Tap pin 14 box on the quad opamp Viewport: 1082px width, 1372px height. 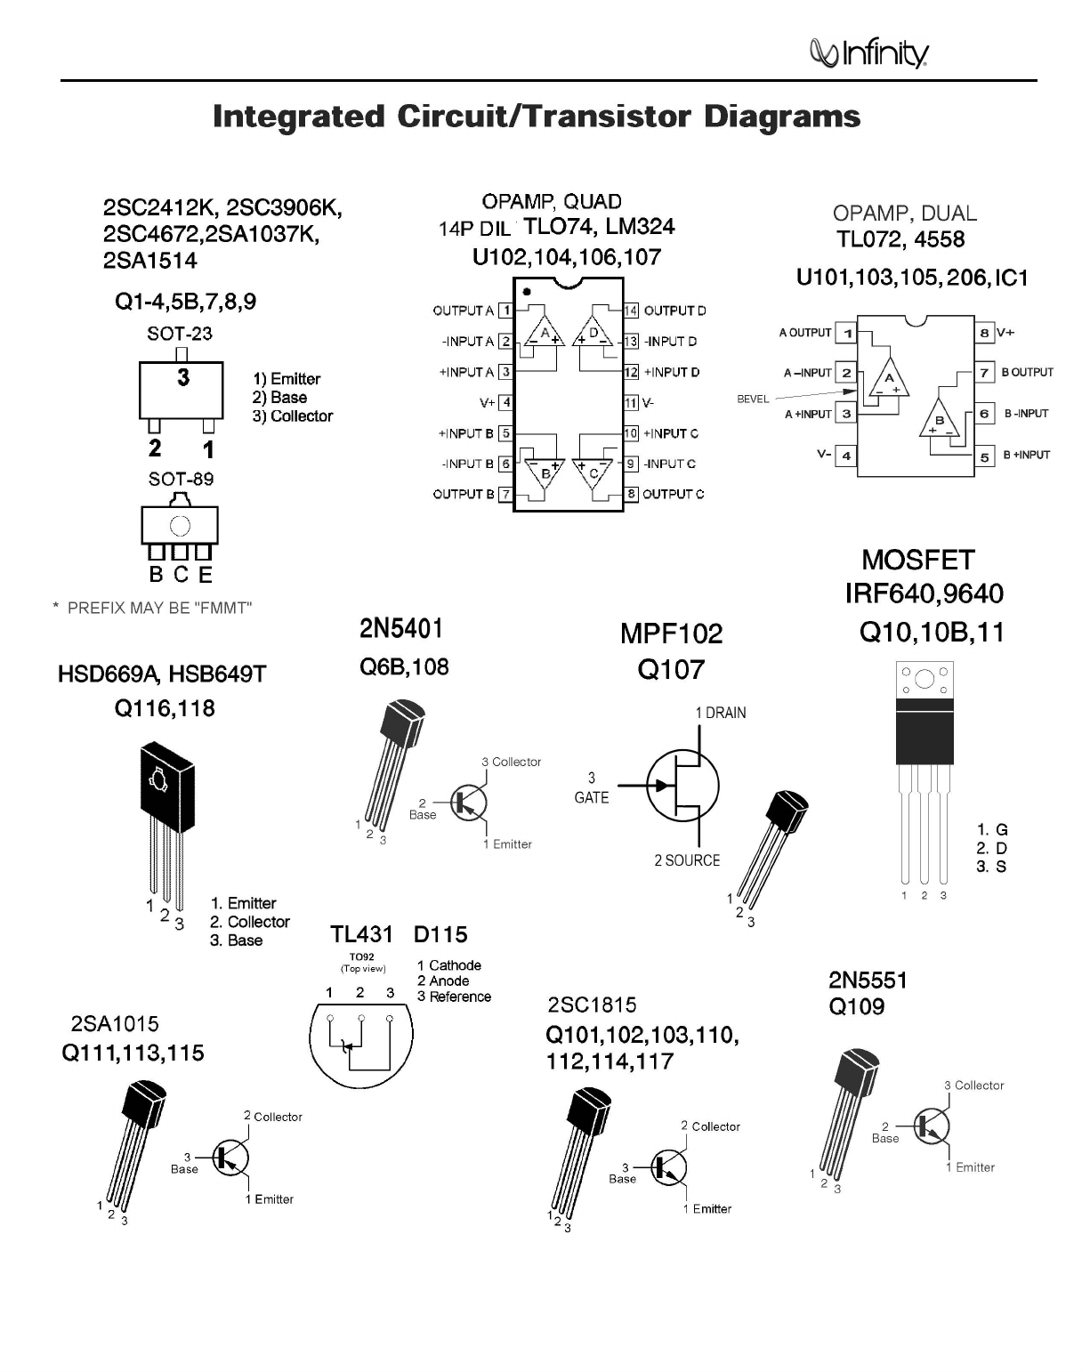tap(631, 311)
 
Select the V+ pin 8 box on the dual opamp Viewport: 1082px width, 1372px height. tap(985, 333)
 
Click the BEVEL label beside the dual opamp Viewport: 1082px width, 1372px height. tap(753, 399)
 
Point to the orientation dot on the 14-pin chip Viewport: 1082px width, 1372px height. tap(527, 291)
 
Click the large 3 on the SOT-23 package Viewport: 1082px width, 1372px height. tap(183, 377)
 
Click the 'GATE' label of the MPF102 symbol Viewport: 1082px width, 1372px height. tap(592, 797)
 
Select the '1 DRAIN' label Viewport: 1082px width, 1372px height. tap(720, 713)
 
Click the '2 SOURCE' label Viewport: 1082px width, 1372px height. tap(687, 860)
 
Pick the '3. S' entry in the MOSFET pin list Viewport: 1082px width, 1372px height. tap(991, 867)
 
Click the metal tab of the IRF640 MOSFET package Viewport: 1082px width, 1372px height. tap(924, 681)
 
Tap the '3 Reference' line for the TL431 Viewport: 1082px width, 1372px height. tap(454, 997)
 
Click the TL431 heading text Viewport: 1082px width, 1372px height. tap(361, 934)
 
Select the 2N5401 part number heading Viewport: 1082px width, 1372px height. tap(401, 629)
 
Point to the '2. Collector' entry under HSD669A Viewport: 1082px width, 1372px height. tap(250, 922)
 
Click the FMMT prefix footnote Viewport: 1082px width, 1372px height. tap(153, 608)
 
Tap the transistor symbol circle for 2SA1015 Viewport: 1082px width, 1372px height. tap(230, 1158)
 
